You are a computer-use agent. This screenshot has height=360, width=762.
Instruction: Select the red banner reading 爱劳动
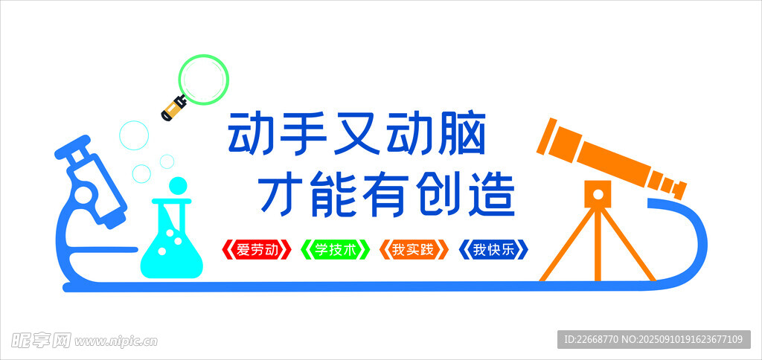(x=256, y=249)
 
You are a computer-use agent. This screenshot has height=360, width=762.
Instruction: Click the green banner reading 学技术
(x=336, y=249)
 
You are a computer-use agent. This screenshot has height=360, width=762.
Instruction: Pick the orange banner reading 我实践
(x=414, y=249)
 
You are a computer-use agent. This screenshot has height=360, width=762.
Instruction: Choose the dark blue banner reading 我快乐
(x=493, y=249)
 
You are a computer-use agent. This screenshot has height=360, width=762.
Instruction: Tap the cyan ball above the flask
(x=178, y=186)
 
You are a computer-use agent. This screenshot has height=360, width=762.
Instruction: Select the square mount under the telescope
(x=598, y=194)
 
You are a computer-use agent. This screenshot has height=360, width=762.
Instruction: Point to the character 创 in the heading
(x=439, y=196)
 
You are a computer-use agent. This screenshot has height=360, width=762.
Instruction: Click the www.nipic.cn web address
(x=115, y=341)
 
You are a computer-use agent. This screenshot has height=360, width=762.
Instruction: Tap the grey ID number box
(x=654, y=339)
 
